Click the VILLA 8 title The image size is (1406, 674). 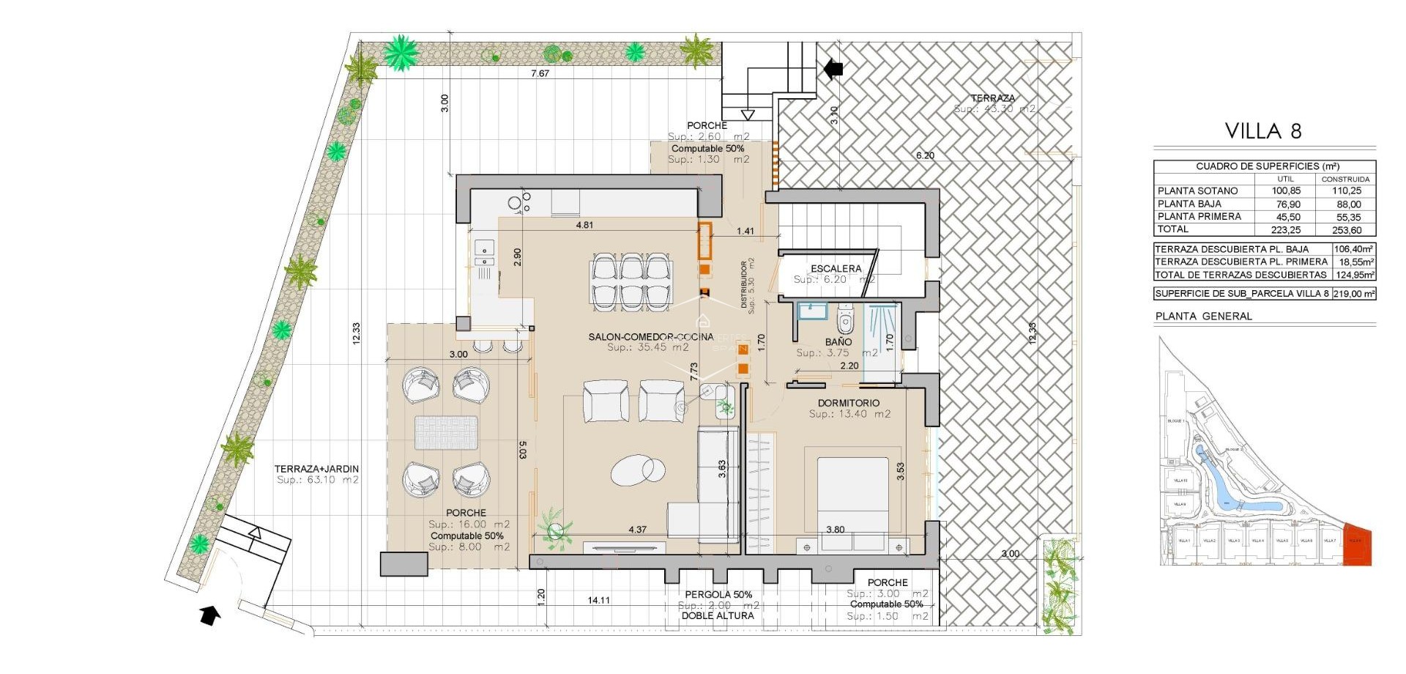[x=1263, y=131]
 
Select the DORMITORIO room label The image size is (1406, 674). [x=849, y=403]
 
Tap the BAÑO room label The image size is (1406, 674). [x=838, y=342]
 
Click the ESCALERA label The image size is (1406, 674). [x=836, y=269]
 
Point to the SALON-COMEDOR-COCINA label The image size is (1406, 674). [x=650, y=337]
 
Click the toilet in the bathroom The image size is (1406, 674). [x=845, y=319]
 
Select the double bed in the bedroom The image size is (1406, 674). [x=852, y=502]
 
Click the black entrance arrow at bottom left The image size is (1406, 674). [x=210, y=615]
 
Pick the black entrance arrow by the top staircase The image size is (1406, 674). [x=833, y=69]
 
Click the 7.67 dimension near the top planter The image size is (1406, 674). [x=540, y=73]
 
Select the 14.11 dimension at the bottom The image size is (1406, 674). [x=598, y=600]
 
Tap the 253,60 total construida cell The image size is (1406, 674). [x=1347, y=230]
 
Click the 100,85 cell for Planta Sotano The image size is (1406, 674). [x=1286, y=190]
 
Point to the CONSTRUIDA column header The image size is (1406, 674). [x=1345, y=179]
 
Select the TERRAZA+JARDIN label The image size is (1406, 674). [x=316, y=469]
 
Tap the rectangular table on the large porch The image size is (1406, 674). [x=446, y=432]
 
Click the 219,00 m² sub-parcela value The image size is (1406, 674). [x=1353, y=294]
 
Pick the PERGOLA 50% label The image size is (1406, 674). [x=718, y=594]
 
